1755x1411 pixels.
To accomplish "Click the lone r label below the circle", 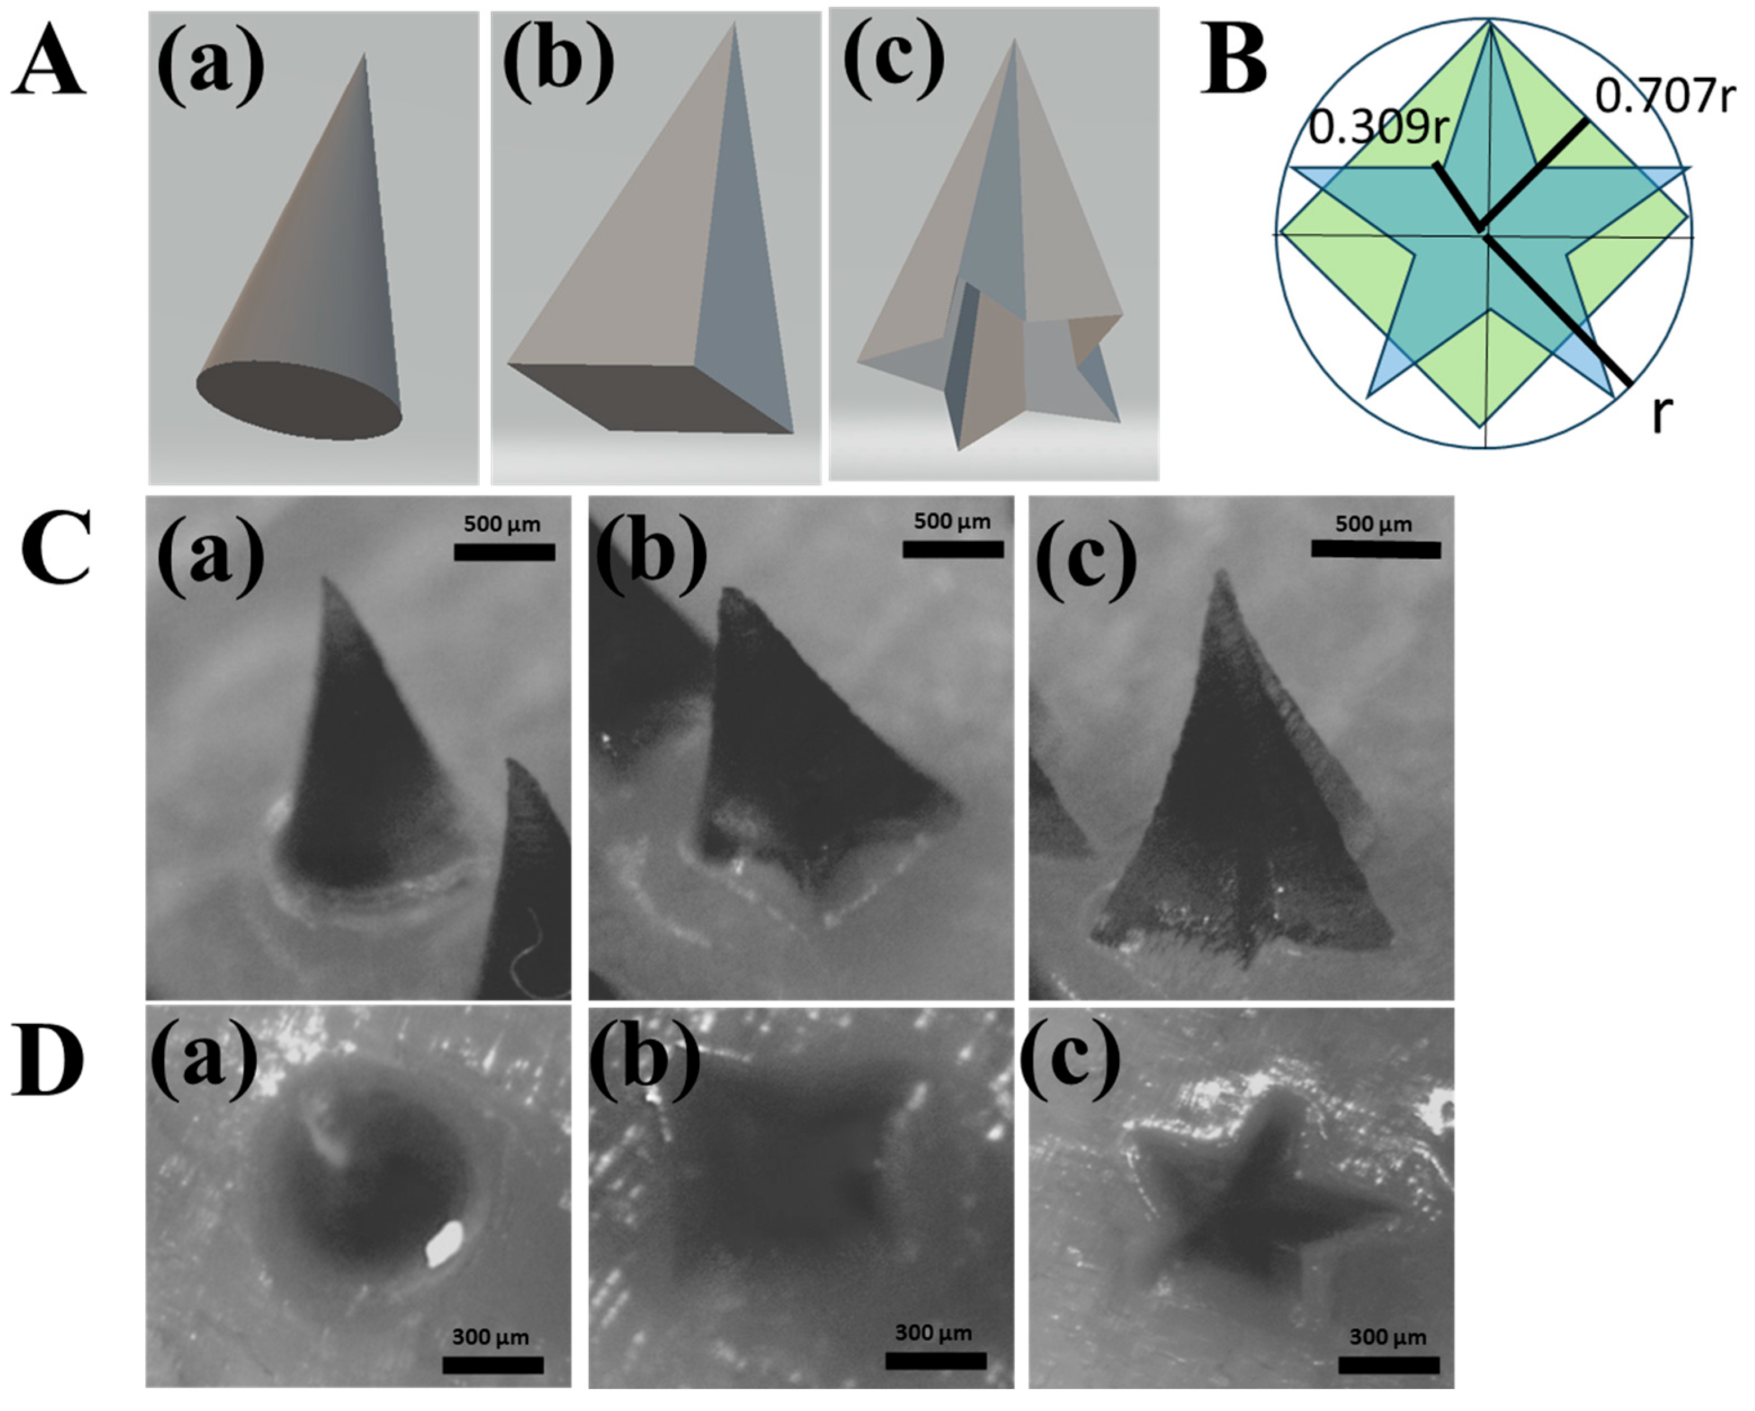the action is tap(1660, 415).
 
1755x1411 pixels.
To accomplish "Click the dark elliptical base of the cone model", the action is tap(299, 400).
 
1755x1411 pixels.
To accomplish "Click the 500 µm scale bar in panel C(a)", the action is tap(504, 552).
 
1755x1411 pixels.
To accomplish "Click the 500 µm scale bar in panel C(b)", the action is tap(953, 550).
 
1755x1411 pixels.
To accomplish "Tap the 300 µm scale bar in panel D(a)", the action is tap(493, 1365).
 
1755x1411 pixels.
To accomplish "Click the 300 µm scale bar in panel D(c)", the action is tap(1388, 1365).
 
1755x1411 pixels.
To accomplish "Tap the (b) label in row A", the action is tap(557, 61).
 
